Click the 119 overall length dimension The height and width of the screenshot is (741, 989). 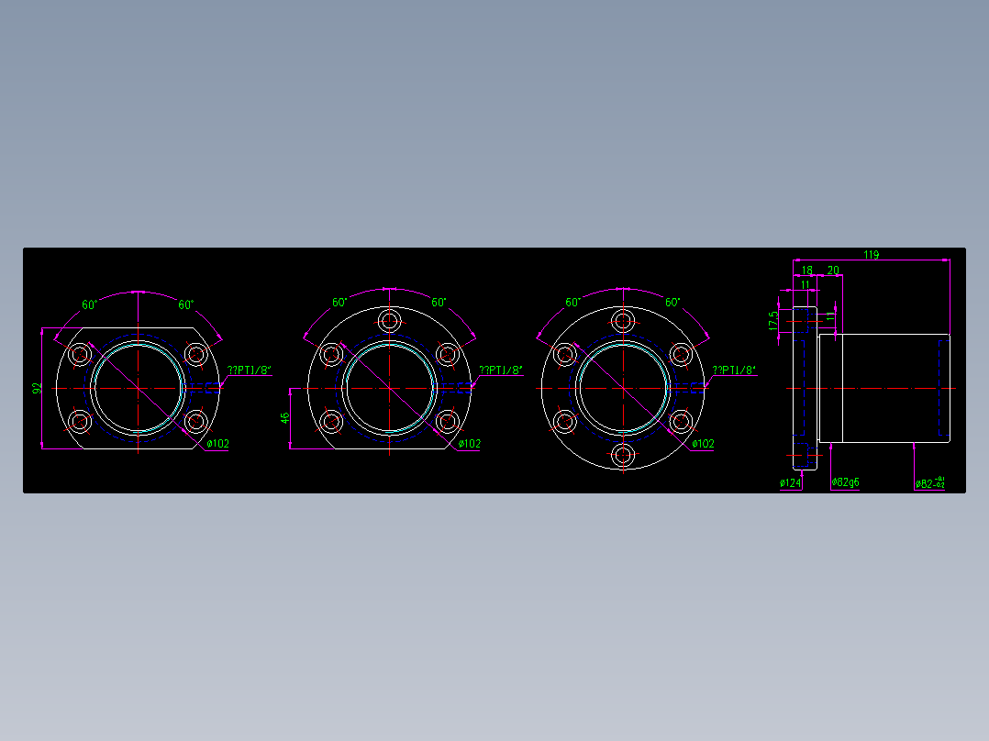point(871,255)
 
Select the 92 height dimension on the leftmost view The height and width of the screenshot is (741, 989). point(38,389)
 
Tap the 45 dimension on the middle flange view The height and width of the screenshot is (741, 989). point(285,418)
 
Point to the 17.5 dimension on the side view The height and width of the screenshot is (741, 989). point(773,320)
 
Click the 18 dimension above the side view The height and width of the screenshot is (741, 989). point(806,271)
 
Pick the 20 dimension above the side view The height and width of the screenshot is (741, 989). point(833,271)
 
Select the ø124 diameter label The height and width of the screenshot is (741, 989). point(790,483)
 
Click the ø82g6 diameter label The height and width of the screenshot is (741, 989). point(845,482)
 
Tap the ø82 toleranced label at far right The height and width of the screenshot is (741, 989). point(929,482)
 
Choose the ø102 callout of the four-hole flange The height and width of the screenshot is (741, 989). point(217,444)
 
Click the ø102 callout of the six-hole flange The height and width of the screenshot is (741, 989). point(703,444)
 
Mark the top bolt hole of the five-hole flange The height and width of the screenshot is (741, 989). point(390,321)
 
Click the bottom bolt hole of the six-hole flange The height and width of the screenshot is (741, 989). point(624,455)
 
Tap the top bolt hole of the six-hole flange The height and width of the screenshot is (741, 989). point(624,321)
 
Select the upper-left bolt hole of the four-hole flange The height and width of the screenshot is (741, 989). point(80,354)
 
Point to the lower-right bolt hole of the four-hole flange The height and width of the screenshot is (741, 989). point(195,421)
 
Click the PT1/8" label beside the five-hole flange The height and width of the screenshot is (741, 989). point(503,370)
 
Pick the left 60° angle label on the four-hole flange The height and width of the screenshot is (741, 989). point(89,304)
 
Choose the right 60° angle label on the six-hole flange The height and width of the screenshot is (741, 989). point(672,302)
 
